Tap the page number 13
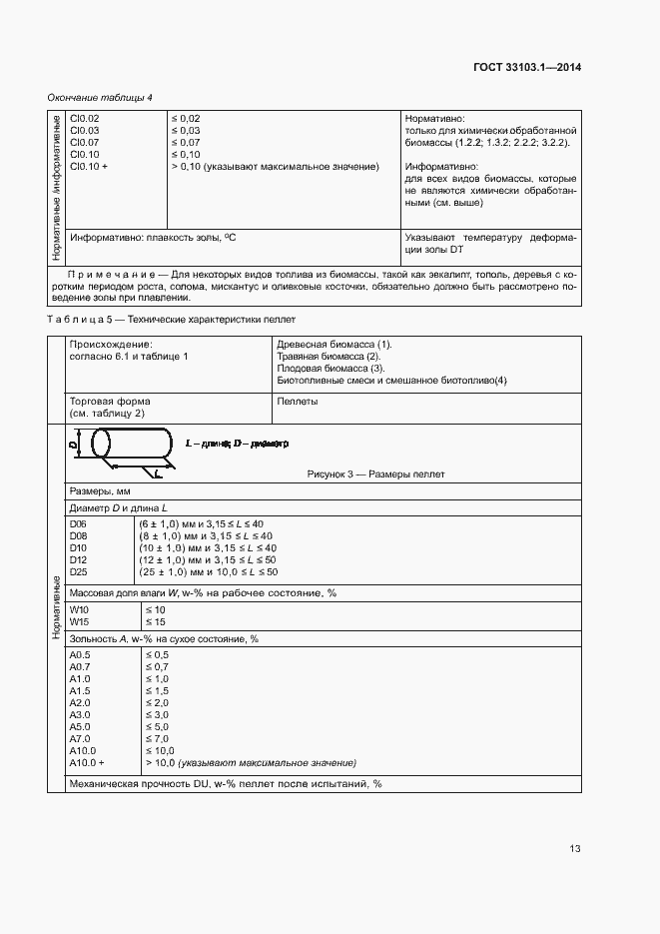pos(575,849)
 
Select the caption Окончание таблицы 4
pos(100,97)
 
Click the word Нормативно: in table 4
pos(434,119)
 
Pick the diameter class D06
pos(78,524)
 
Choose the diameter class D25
pos(78,572)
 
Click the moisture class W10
pos(79,609)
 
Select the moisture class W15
pos(79,622)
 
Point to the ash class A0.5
pos(81,655)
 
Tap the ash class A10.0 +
pos(88,763)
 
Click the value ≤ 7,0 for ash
pos(159,739)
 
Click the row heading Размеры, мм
pos(100,492)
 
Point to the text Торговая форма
pos(110,401)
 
